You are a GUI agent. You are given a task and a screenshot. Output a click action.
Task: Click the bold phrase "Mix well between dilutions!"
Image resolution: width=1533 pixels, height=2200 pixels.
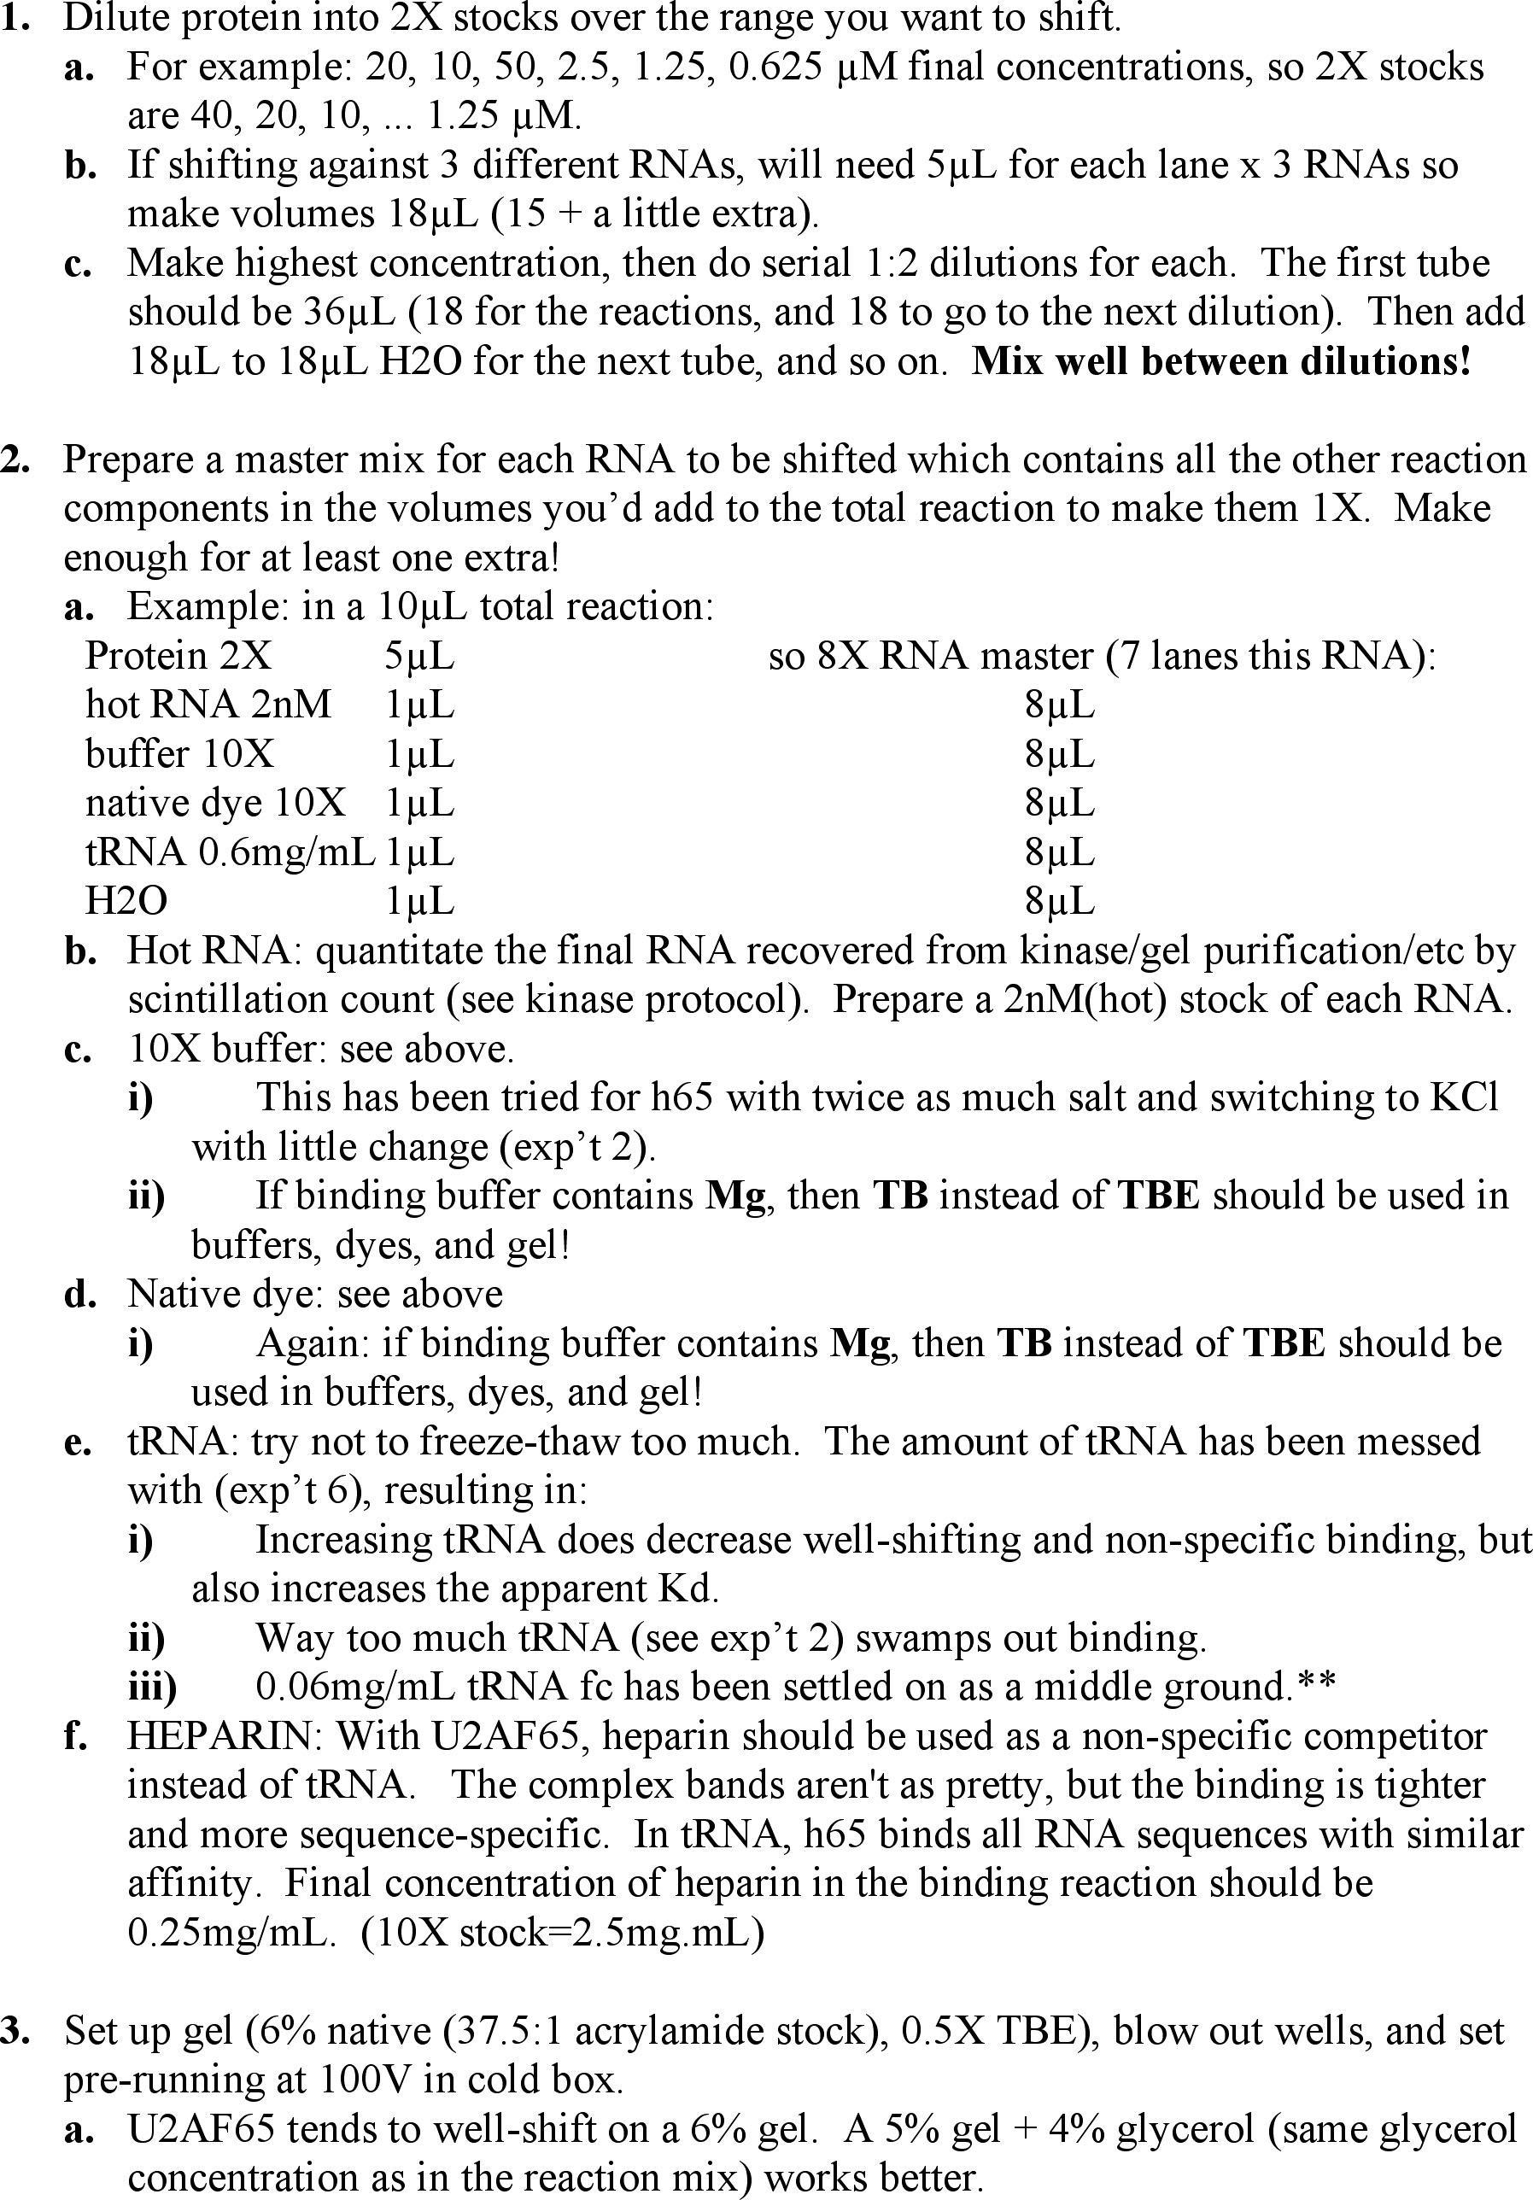[1220, 361]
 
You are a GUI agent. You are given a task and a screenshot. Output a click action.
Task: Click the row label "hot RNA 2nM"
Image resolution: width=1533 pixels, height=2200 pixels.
[208, 705]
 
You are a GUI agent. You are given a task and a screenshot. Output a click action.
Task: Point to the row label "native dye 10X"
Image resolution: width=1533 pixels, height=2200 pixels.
[215, 803]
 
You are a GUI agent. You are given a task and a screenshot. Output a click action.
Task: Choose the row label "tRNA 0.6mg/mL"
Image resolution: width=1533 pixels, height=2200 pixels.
[230, 851]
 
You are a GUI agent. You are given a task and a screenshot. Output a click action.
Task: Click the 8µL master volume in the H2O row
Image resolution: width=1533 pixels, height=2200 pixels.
[1059, 901]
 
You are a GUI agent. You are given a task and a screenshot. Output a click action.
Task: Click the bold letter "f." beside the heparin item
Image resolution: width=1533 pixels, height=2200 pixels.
[77, 1736]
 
